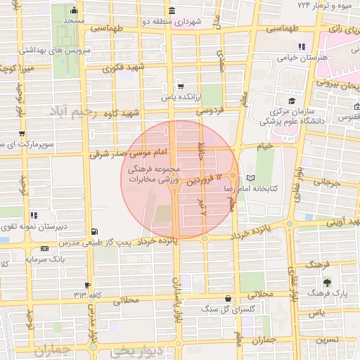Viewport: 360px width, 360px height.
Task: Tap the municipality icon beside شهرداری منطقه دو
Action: [x=173, y=11]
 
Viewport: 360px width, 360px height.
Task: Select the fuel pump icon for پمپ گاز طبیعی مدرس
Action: [x=95, y=231]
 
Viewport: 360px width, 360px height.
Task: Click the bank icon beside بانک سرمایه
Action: [x=45, y=248]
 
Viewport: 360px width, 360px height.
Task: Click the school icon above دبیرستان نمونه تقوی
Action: [x=34, y=215]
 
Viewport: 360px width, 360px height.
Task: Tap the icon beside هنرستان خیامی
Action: [x=302, y=47]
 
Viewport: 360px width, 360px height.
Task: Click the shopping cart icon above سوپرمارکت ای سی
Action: [x=23, y=133]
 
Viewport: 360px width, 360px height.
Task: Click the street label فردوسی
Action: [x=211, y=111]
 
